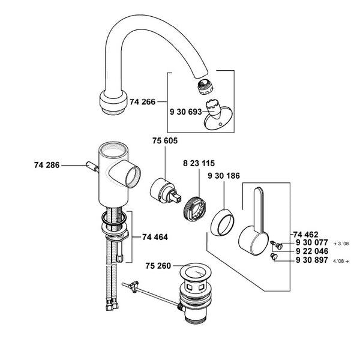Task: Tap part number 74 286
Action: click(x=47, y=163)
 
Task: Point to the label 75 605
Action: click(x=166, y=141)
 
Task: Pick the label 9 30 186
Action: click(x=223, y=176)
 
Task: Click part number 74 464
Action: click(x=154, y=237)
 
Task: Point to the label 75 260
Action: click(x=158, y=265)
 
